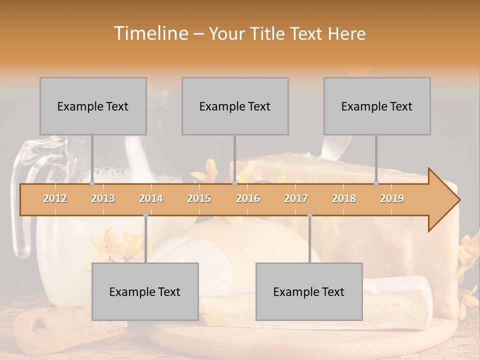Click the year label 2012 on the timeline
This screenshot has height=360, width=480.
point(55,198)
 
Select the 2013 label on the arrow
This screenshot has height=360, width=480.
point(103,198)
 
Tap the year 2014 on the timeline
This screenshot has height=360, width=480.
point(151,198)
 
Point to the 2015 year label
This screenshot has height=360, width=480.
point(199,198)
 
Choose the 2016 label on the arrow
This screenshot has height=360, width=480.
point(248,198)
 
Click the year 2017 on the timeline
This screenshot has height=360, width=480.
point(296,198)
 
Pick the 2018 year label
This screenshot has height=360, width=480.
point(344,198)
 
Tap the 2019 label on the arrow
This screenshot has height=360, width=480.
point(392,198)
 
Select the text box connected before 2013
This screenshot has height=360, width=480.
point(93,106)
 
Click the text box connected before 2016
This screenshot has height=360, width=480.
point(235,106)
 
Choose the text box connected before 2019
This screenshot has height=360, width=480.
point(377,106)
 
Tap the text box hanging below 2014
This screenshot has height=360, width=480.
point(145,291)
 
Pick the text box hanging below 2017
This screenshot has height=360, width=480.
point(309,291)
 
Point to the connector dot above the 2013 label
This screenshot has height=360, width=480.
point(92,183)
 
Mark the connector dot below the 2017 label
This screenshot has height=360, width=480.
point(309,215)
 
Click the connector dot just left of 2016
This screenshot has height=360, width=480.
point(234,183)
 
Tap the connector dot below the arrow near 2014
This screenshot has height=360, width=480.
point(145,215)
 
